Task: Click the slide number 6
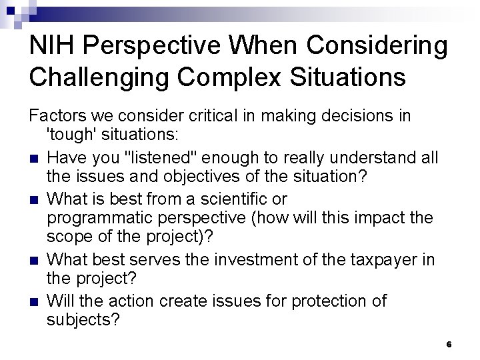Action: tap(449, 344)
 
